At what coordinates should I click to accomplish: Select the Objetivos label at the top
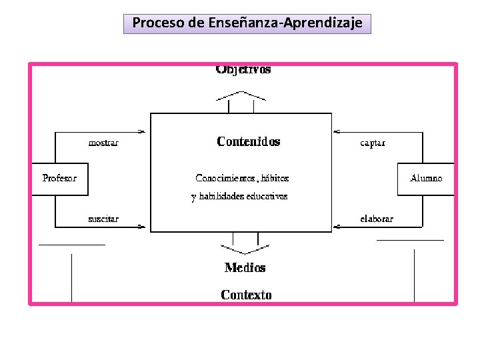[x=243, y=70]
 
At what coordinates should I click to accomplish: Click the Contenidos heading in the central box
[x=249, y=141]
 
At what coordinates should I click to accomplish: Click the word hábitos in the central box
[x=275, y=178]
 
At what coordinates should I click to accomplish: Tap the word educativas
[x=267, y=197]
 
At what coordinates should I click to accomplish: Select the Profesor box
[x=59, y=179]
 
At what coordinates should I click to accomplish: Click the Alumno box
[x=426, y=179]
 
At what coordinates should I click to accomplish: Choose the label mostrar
[x=103, y=143]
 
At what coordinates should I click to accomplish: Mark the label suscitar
[x=103, y=219]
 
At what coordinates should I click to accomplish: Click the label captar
[x=373, y=143]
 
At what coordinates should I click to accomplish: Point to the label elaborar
[x=377, y=219]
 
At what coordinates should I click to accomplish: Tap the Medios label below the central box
[x=245, y=268]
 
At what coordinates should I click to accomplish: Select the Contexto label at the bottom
[x=246, y=295]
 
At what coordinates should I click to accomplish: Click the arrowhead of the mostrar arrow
[x=141, y=131]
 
